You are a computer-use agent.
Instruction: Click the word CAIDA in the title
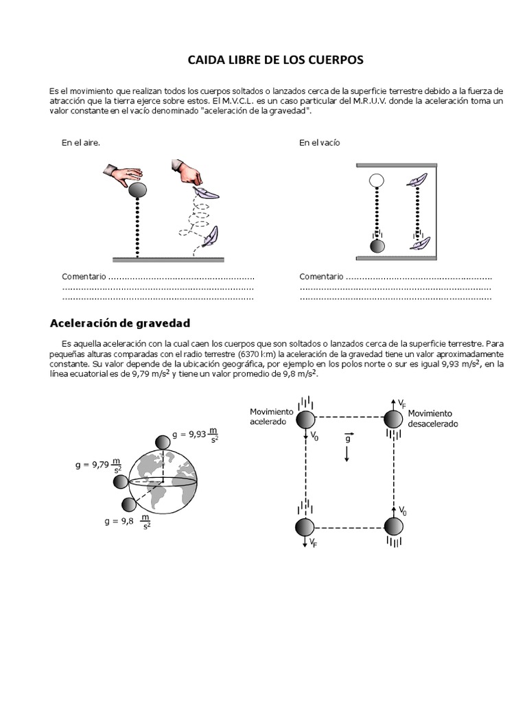[205, 60]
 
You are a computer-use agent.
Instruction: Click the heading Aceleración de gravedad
[120, 323]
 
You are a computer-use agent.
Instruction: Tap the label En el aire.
[81, 143]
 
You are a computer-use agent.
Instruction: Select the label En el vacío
[320, 143]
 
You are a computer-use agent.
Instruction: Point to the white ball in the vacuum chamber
[376, 181]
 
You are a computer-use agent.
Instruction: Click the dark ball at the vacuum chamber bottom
[377, 246]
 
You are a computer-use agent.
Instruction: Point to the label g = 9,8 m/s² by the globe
[128, 521]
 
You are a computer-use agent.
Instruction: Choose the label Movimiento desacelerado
[432, 419]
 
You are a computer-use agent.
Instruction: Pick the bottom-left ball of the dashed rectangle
[305, 527]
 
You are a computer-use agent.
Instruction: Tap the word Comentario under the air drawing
[84, 276]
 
